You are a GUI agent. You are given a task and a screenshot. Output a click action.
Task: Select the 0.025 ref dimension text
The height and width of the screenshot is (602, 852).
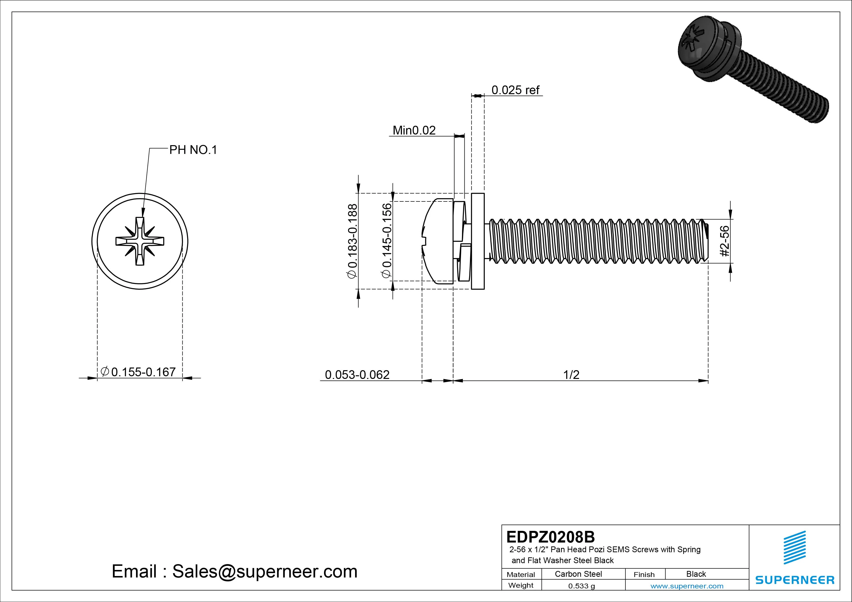pyautogui.click(x=515, y=90)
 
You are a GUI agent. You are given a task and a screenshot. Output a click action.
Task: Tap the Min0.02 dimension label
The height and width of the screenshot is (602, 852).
pyautogui.click(x=414, y=131)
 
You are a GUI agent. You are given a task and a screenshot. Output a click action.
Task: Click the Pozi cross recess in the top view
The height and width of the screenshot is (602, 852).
pyautogui.click(x=140, y=241)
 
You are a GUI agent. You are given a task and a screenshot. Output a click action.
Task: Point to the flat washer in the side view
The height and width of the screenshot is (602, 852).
pyautogui.click(x=477, y=241)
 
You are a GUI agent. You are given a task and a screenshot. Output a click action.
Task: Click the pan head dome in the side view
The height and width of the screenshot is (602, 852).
pyautogui.click(x=438, y=241)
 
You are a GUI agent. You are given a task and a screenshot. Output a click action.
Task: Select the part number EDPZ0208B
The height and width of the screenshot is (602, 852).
pyautogui.click(x=550, y=537)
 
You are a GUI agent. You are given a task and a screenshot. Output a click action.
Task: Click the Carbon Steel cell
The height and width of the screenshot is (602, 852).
pyautogui.click(x=578, y=574)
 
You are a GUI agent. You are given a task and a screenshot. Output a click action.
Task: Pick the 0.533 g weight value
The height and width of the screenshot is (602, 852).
pyautogui.click(x=581, y=586)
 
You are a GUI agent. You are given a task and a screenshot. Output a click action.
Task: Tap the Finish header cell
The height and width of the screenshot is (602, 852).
pyautogui.click(x=644, y=574)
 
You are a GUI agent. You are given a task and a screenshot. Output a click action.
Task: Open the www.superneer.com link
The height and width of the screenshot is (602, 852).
pyautogui.click(x=687, y=586)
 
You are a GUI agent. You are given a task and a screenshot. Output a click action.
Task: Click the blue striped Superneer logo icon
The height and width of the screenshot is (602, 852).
pyautogui.click(x=794, y=547)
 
